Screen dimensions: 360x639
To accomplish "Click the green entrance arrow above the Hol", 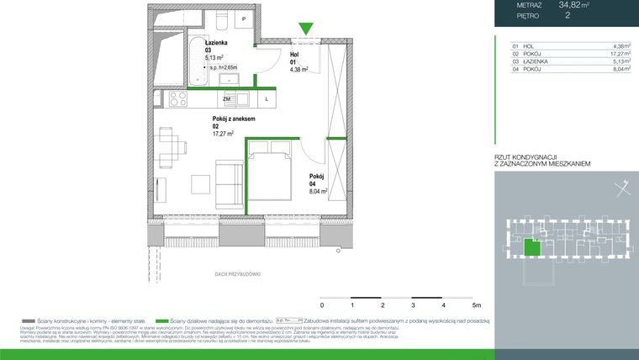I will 307,29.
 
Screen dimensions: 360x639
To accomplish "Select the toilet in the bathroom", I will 222,19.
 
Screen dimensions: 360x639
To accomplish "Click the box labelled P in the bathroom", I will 244,19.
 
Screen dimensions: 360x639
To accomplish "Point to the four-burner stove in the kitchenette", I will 178,99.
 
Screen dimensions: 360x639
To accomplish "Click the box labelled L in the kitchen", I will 266,99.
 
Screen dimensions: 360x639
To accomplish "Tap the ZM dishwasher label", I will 227,99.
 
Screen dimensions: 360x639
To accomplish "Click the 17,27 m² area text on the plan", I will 223,134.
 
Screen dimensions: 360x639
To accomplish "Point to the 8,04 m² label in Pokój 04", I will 318,192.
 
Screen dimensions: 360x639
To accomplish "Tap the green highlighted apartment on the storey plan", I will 531,246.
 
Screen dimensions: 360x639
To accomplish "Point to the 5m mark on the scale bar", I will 476,304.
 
